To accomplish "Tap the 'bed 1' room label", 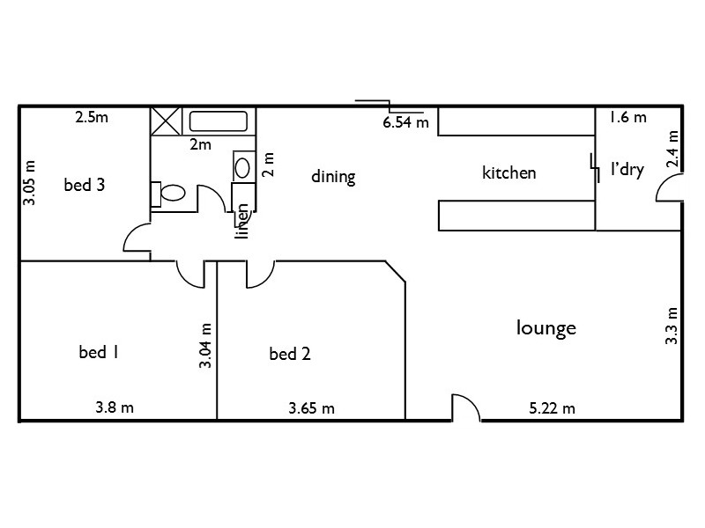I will (99, 353).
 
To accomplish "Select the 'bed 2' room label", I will (289, 355).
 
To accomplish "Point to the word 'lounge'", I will (545, 328).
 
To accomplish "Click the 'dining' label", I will (333, 177).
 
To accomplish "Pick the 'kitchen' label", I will (508, 172).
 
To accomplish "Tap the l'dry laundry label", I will (627, 170).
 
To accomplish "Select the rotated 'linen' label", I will (242, 221).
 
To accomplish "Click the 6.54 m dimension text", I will (405, 123).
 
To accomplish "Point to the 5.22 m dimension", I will (552, 407).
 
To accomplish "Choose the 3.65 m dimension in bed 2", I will (311, 407).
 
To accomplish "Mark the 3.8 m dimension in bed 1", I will (115, 407).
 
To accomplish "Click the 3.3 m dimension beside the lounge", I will (672, 326).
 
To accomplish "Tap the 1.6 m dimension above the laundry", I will (627, 117).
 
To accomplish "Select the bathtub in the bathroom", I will (221, 121).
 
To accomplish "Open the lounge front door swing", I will (464, 408).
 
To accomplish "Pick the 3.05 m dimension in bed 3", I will (29, 182).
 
